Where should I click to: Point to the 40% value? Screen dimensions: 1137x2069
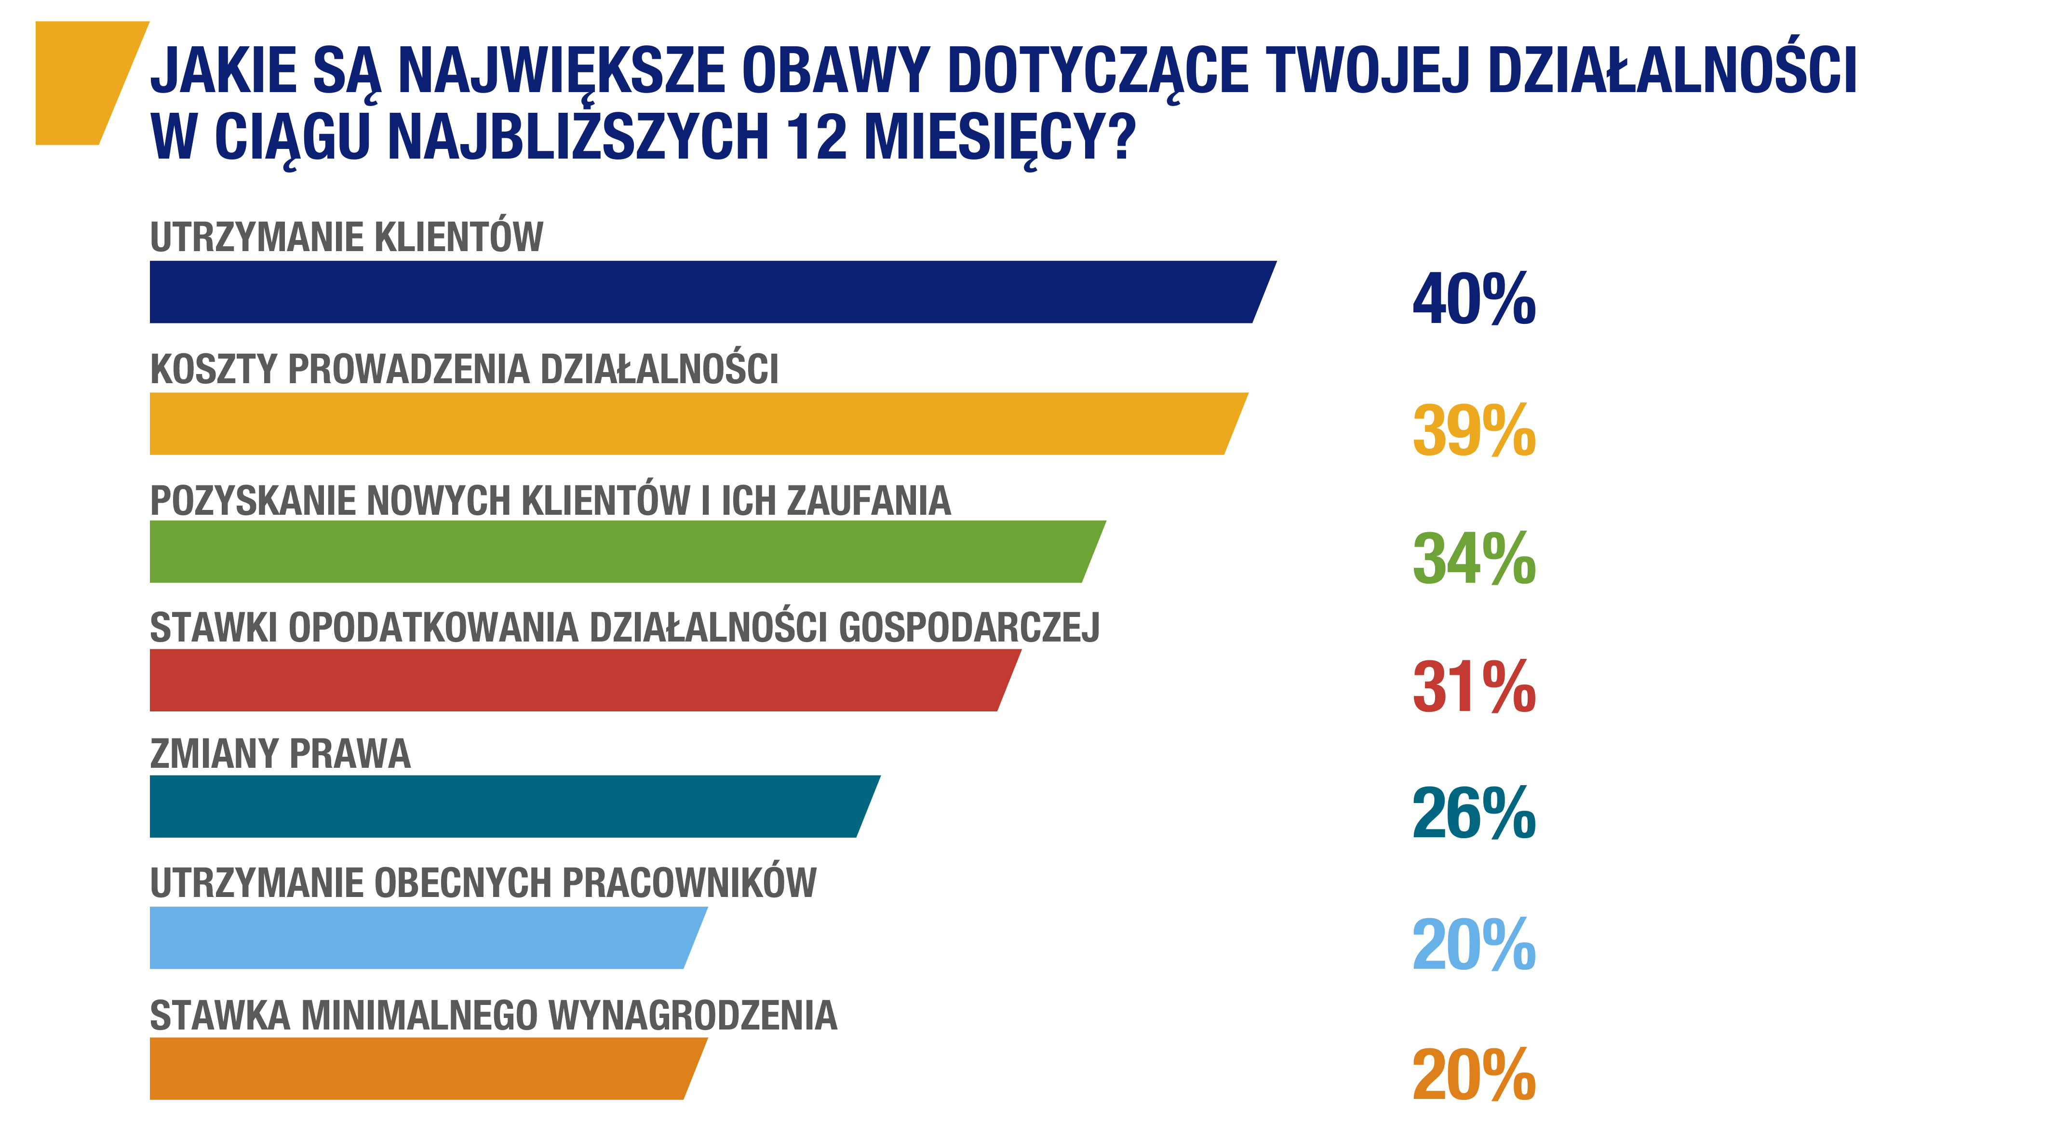[x=1474, y=299]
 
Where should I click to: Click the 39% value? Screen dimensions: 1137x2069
[x=1474, y=431]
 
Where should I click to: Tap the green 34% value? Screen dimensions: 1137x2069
[x=1474, y=559]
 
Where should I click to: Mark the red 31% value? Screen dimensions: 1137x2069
[x=1474, y=687]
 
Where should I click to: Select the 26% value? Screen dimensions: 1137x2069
[x=1474, y=814]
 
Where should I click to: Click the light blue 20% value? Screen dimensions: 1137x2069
[x=1474, y=945]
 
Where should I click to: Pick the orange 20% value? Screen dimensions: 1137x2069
[x=1474, y=1076]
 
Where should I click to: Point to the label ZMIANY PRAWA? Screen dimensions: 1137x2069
[x=280, y=754]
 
